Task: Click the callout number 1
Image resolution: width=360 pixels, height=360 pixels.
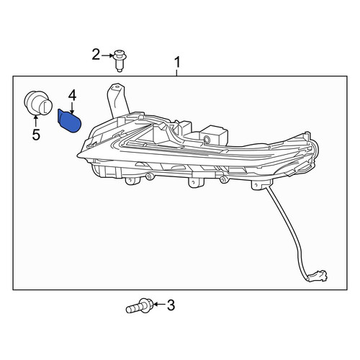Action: (x=177, y=62)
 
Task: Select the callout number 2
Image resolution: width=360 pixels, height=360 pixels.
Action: (x=96, y=55)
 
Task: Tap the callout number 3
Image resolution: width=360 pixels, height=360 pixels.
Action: (x=171, y=305)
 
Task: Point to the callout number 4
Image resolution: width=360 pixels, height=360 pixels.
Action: (x=72, y=96)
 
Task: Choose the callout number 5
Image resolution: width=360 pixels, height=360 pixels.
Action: (x=36, y=135)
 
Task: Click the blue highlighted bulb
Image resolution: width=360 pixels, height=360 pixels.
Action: (x=69, y=120)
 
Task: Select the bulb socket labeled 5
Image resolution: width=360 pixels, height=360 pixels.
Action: (x=38, y=103)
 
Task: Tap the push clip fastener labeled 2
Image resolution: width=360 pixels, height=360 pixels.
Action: (x=118, y=60)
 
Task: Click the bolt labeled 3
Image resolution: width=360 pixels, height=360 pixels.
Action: (x=138, y=306)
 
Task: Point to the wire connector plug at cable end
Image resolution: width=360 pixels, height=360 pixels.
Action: (x=318, y=276)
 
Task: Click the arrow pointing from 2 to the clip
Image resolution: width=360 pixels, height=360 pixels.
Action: (x=107, y=55)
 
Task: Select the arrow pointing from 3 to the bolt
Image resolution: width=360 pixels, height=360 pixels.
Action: (x=159, y=305)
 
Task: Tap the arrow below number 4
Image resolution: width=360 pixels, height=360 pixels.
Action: (x=72, y=107)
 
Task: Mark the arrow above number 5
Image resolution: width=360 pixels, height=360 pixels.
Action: (x=36, y=121)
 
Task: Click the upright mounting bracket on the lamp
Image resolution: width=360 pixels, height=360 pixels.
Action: (x=117, y=100)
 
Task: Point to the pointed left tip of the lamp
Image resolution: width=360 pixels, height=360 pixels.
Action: (x=78, y=156)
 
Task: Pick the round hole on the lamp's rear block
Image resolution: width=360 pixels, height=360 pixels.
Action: (x=206, y=139)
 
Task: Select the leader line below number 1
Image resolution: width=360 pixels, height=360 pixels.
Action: (x=177, y=73)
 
